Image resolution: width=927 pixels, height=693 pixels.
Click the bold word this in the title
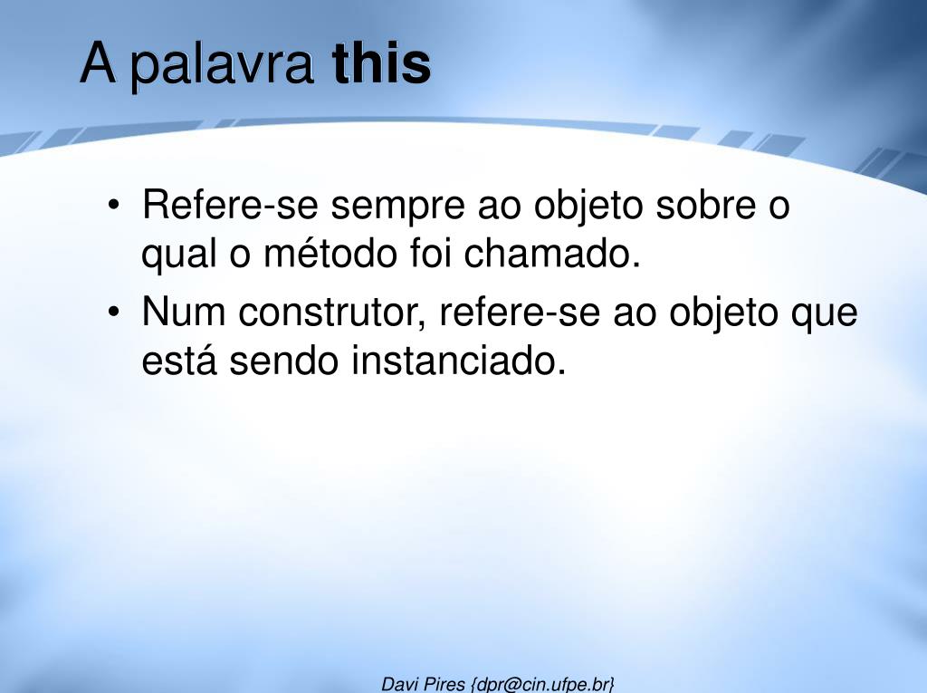click(381, 63)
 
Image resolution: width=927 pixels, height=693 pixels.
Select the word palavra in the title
click(221, 66)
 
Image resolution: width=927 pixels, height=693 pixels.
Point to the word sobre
click(706, 205)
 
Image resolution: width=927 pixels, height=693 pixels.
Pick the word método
click(330, 253)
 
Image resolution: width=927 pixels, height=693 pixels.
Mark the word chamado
click(552, 253)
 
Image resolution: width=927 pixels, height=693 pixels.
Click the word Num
click(183, 312)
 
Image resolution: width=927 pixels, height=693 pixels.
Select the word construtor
click(331, 313)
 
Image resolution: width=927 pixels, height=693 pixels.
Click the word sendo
click(283, 360)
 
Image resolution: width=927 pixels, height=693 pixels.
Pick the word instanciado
click(458, 360)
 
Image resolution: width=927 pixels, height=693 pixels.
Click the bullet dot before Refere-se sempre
click(113, 206)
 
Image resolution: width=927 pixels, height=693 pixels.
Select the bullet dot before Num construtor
click(113, 312)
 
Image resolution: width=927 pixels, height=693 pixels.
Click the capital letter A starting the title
click(98, 63)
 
